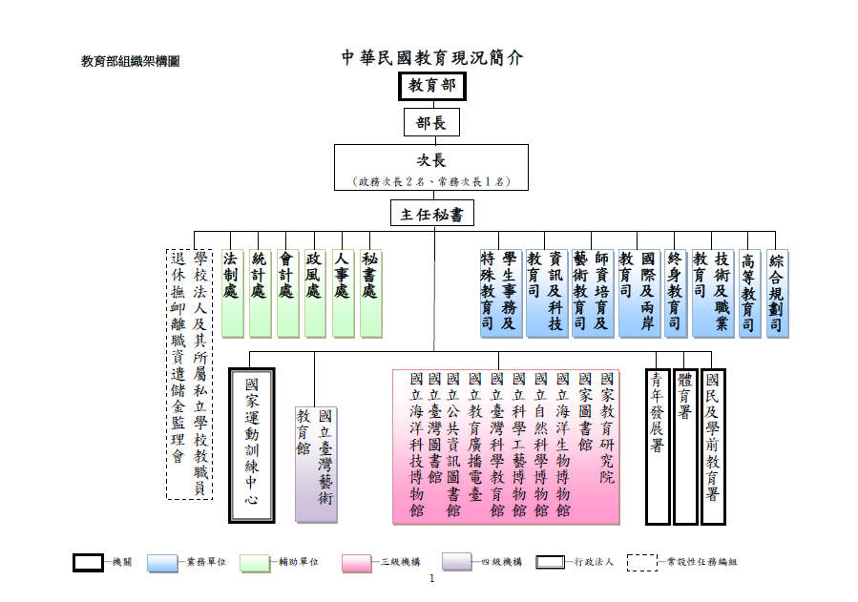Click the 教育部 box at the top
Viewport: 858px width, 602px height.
point(431,86)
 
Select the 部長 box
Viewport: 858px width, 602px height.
point(431,122)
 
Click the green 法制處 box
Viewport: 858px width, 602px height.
point(233,293)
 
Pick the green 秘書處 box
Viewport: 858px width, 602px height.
point(371,293)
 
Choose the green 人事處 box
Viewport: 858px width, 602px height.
point(344,293)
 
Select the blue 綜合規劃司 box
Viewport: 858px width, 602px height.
point(777,293)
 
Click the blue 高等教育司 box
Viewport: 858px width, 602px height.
point(749,293)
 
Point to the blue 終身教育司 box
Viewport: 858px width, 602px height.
point(676,293)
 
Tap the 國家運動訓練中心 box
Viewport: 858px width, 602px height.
point(252,446)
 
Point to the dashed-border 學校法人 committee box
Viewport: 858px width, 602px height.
point(189,373)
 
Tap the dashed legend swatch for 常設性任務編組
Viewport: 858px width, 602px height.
point(641,562)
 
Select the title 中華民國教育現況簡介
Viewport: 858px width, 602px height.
point(432,57)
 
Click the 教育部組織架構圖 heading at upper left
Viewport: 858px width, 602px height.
point(130,61)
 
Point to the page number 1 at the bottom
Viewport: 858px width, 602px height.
point(431,579)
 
